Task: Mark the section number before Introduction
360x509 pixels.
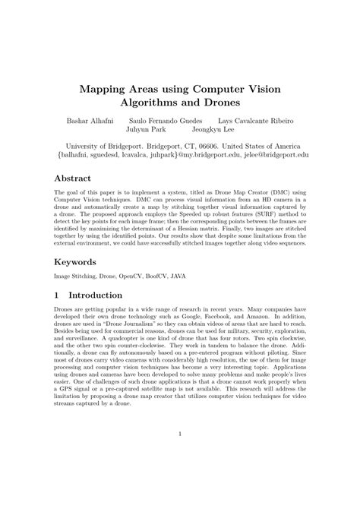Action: coord(57,295)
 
